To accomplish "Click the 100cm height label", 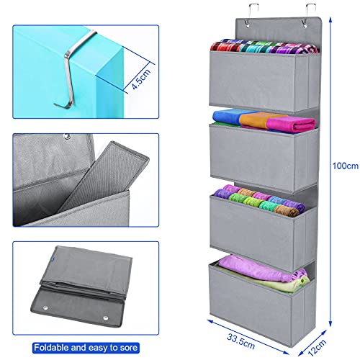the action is [x=346, y=166].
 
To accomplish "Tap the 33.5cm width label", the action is [x=240, y=341].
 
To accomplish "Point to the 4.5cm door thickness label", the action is [x=141, y=79].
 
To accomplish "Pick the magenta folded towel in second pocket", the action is [x=291, y=124].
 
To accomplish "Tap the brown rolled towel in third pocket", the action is [x=286, y=210].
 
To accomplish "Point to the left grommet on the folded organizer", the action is [x=45, y=308].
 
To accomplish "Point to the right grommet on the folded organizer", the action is [x=106, y=318].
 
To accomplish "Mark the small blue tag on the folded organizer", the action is [x=53, y=259].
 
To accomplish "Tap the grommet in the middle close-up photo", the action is [x=67, y=136].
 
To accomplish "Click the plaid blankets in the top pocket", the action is [x=264, y=47].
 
